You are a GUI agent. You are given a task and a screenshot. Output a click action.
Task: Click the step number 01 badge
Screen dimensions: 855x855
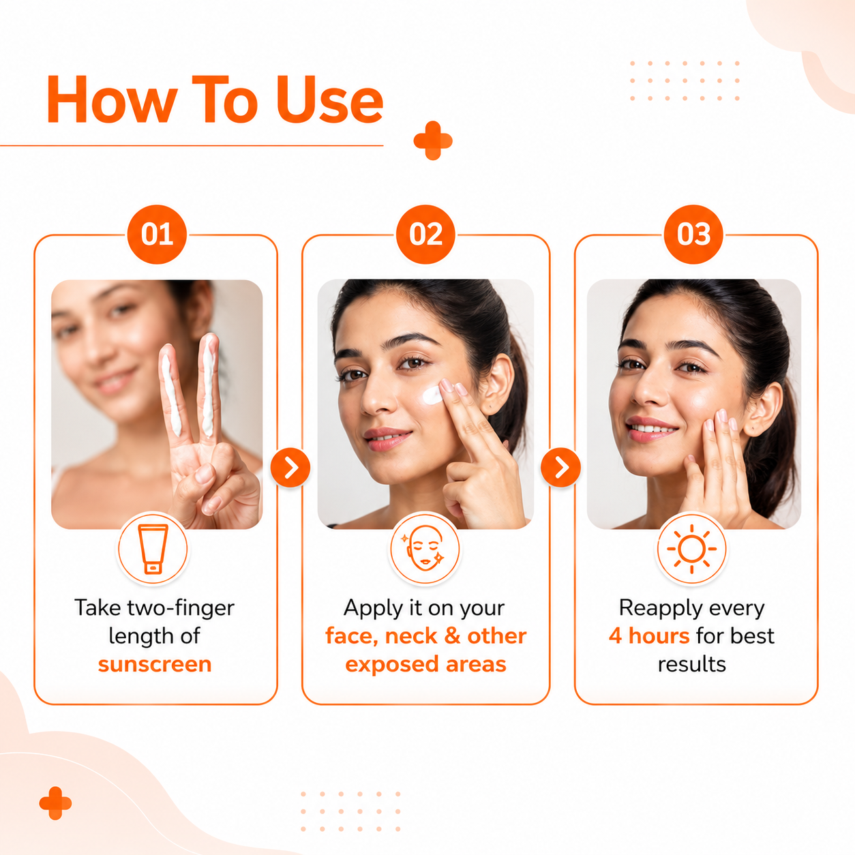(x=157, y=235)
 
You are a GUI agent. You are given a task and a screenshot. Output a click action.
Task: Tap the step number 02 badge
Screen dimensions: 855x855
(x=425, y=235)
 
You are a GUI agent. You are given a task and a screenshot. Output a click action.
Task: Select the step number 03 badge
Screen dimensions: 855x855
(x=693, y=235)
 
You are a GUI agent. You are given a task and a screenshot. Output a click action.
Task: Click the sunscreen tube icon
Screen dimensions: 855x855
(x=153, y=549)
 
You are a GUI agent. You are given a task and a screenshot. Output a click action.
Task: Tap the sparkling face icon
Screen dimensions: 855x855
(x=425, y=549)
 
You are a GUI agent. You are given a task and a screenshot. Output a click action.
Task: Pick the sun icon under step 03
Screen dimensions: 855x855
(x=692, y=549)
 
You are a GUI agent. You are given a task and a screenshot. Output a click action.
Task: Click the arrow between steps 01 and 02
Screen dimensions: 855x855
(x=290, y=467)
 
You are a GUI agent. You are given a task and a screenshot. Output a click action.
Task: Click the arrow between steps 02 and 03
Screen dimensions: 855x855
(x=561, y=467)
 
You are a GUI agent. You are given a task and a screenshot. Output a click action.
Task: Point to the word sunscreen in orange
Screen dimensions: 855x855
(x=155, y=665)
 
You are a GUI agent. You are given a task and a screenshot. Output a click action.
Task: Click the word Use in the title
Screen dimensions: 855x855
(x=330, y=99)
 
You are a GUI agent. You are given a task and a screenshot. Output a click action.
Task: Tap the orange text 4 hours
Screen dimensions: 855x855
(x=649, y=636)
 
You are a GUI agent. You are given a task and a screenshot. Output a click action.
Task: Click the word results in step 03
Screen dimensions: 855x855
(x=692, y=665)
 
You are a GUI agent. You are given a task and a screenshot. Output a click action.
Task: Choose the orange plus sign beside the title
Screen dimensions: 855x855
(x=433, y=140)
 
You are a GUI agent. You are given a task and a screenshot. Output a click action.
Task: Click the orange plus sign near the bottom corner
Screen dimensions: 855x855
(x=55, y=804)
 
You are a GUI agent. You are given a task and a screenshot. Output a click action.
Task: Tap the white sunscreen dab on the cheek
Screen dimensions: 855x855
(x=432, y=395)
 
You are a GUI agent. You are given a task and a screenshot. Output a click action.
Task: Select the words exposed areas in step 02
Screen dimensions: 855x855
(x=425, y=665)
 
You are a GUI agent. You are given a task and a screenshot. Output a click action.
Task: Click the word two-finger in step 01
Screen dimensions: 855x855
(x=181, y=608)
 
